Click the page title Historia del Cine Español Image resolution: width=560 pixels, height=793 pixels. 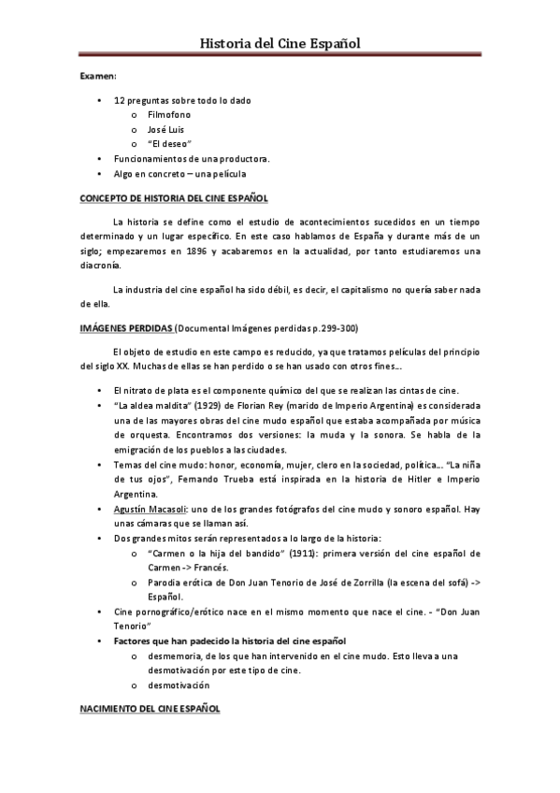point(280,43)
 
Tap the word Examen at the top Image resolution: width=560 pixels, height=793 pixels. point(96,82)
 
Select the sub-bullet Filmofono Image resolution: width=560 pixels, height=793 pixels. point(169,113)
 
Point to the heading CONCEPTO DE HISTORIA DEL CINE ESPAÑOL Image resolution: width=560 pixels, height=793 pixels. point(174,198)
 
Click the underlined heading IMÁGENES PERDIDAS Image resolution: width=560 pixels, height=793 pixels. point(127,329)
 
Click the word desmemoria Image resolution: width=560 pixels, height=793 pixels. point(178,656)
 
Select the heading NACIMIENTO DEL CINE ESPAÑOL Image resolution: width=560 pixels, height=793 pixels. point(150,711)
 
